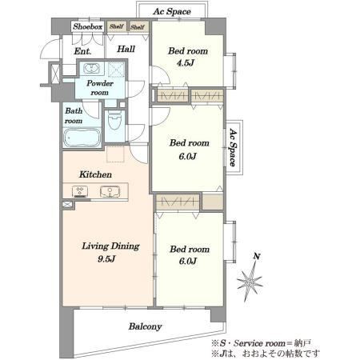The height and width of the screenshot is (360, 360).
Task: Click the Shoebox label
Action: [88, 26]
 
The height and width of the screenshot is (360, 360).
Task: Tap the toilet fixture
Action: [115, 121]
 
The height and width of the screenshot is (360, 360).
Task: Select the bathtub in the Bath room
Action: [82, 138]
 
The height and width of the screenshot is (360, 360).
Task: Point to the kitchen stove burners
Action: [80, 192]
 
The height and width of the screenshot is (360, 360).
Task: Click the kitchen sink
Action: [110, 192]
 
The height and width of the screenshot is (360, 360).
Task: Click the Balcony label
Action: [145, 326]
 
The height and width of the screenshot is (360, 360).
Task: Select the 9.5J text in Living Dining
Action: [106, 259]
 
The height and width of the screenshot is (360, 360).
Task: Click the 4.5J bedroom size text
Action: [186, 63]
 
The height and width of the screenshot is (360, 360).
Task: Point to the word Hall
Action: [126, 49]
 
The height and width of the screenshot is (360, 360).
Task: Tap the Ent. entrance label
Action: [82, 51]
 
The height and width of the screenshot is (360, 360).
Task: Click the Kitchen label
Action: [95, 174]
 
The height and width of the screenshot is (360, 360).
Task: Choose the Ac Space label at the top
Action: [172, 12]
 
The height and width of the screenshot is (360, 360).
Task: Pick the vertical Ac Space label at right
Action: [233, 147]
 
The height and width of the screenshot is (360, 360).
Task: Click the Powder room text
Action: [100, 88]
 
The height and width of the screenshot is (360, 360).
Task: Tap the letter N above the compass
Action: [257, 257]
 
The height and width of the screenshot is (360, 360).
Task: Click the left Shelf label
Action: [117, 26]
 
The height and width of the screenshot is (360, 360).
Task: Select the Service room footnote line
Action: [261, 343]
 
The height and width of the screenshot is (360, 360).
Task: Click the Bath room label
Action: [74, 116]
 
